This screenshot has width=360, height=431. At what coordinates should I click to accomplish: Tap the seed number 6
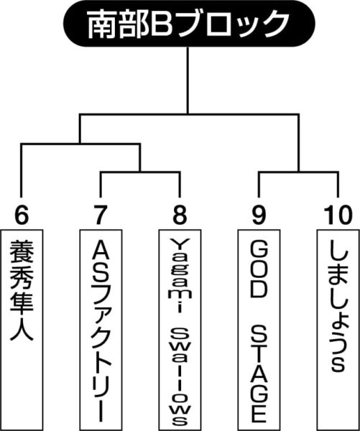coord(22,215)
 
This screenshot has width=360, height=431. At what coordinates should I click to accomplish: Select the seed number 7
coord(100,215)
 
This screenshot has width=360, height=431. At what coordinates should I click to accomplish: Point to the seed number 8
coord(180,215)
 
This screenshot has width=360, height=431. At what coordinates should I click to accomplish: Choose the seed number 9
coord(259,215)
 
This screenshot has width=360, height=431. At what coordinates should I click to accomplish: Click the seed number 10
coord(338,215)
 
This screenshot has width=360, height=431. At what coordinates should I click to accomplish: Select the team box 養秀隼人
coord(22,330)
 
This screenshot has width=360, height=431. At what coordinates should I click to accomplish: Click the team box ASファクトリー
coord(101,330)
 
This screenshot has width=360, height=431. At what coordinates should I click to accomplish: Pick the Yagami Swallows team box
coord(180,330)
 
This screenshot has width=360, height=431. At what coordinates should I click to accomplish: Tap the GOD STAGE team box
coord(259,330)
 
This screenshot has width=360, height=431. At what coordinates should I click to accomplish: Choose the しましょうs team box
coord(338,330)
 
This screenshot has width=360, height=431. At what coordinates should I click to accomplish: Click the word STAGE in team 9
coord(259,374)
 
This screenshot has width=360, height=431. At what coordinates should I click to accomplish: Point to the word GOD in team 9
coord(259,270)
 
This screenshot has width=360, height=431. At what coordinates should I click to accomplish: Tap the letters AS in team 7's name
coord(101,262)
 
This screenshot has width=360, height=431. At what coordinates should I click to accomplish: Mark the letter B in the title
coord(160,24)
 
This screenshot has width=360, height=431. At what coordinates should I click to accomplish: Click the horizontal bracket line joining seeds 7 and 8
coord(140,172)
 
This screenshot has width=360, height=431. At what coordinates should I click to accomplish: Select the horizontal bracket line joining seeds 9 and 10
coord(298,172)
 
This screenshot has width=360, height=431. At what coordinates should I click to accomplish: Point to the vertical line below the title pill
coord(188,80)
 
